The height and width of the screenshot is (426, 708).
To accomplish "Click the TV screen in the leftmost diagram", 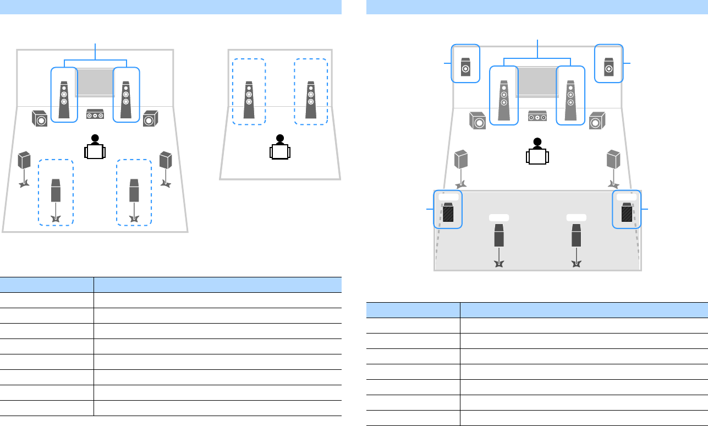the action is [x=95, y=82].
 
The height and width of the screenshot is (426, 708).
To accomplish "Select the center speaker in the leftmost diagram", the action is [x=95, y=115].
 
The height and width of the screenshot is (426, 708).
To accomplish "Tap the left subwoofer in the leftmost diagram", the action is [x=40, y=118].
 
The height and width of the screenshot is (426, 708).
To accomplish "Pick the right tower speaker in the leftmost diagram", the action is [x=127, y=101].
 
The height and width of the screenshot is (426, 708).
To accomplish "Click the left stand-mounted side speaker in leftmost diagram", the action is [x=24, y=160].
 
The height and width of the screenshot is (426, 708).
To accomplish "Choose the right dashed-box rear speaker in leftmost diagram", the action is [x=134, y=190].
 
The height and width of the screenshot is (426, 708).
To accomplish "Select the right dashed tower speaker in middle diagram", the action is [x=311, y=101].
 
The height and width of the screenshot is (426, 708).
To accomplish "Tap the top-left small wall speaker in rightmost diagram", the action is [x=465, y=65].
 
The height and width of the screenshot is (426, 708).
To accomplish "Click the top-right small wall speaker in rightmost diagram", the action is [x=609, y=65].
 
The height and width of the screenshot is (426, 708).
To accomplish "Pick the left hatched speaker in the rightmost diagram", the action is [x=448, y=212].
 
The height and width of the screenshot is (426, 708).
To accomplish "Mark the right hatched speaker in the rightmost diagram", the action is [x=627, y=212].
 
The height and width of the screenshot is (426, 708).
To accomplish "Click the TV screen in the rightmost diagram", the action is [x=537, y=82].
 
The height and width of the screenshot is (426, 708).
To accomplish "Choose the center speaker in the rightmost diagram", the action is [x=537, y=117].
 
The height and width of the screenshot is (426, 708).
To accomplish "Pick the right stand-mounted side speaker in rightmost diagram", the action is [x=614, y=160].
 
